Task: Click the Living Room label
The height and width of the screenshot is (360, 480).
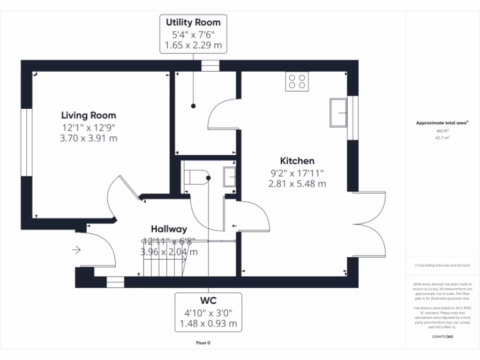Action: click(89, 115)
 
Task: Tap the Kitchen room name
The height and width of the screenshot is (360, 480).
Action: click(297, 161)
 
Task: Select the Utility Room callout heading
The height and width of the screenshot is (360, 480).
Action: click(193, 22)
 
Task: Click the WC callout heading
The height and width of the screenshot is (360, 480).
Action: click(208, 300)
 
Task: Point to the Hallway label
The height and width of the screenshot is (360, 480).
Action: click(169, 229)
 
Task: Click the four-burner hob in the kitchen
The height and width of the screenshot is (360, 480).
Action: click(297, 81)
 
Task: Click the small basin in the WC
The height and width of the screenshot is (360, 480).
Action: click(229, 177)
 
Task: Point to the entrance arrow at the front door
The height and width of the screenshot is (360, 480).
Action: click(76, 250)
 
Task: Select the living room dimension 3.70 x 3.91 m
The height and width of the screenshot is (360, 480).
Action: click(89, 138)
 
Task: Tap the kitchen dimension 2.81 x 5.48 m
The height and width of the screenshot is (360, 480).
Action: click(297, 184)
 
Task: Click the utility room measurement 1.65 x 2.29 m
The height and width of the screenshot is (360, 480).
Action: click(193, 45)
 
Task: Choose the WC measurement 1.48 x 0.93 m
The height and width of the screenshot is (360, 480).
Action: click(208, 323)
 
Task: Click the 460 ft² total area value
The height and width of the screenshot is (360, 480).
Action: click(442, 131)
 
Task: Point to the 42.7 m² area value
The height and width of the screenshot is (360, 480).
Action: click(442, 138)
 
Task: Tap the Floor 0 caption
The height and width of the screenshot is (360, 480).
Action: click(203, 343)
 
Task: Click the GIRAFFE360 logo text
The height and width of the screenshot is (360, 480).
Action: click(442, 337)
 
